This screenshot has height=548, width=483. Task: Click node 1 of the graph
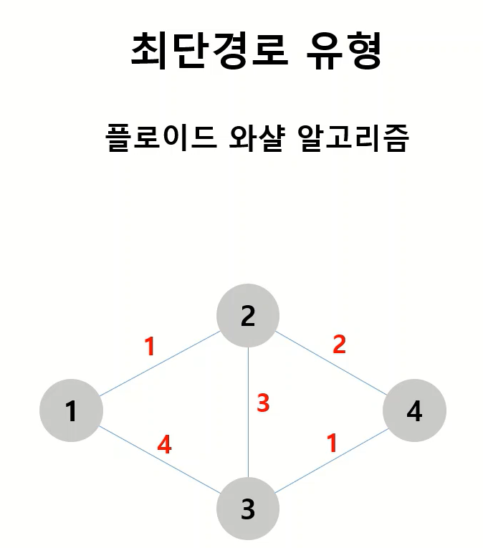point(71,410)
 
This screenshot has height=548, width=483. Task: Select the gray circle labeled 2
point(248,315)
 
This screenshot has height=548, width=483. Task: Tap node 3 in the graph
point(248,509)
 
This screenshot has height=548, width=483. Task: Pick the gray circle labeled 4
point(414,410)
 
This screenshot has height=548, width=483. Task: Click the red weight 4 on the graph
point(164,446)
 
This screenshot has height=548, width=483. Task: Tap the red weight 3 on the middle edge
point(263,403)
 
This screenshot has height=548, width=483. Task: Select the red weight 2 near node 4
point(339,345)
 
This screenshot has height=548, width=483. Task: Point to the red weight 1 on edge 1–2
point(149,347)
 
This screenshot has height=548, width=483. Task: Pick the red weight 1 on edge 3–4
point(331,443)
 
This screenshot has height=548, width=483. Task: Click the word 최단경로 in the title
point(209,50)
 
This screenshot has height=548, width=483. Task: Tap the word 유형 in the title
point(346,50)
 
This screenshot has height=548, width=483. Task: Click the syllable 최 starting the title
point(149,50)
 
